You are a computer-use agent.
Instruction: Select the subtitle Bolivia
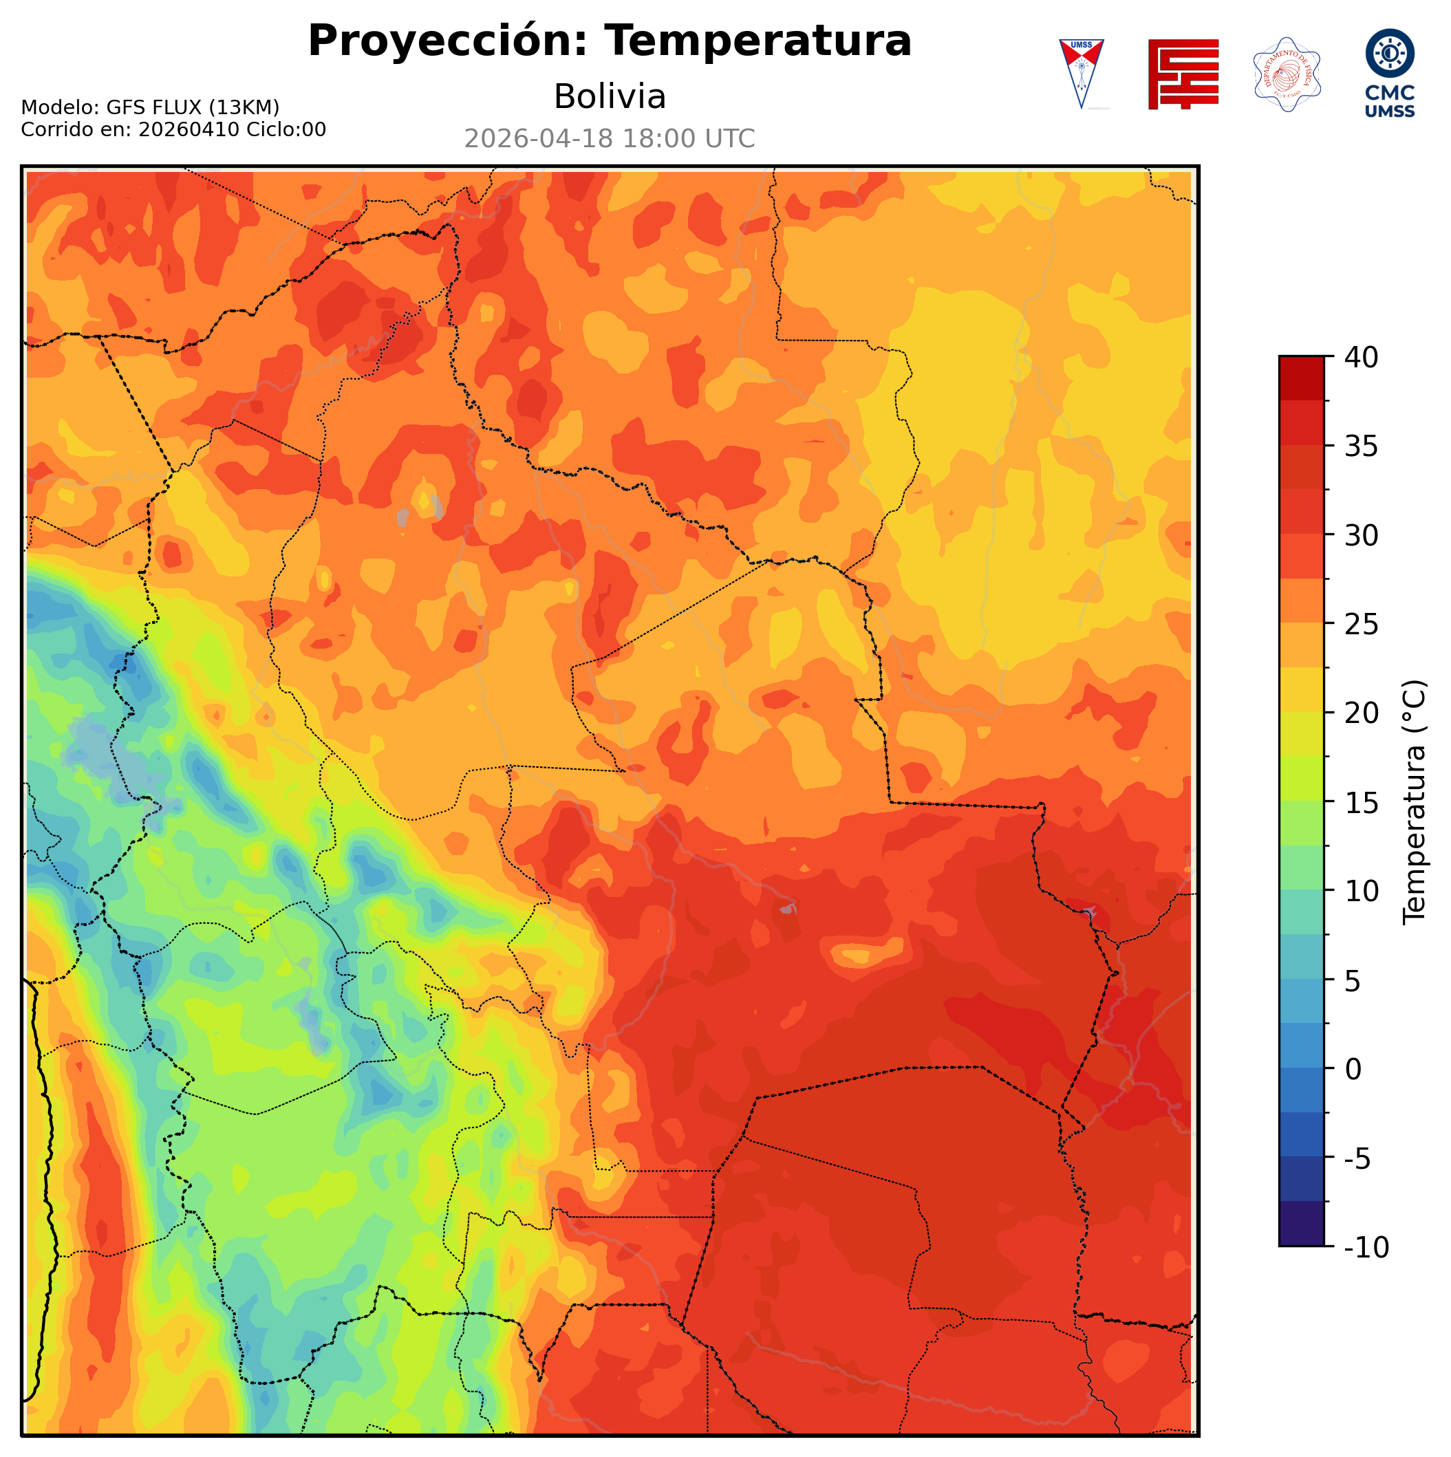[x=610, y=96]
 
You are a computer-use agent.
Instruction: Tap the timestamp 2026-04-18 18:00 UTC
[x=610, y=139]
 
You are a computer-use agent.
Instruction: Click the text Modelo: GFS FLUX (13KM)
[x=150, y=107]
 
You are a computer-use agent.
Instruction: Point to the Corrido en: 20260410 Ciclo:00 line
[x=173, y=130]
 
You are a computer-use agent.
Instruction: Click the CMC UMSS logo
[x=1389, y=73]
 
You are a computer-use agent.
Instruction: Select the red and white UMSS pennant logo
[x=1082, y=73]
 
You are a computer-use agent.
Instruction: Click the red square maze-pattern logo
[x=1183, y=74]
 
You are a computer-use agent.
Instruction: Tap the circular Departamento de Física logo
[x=1287, y=74]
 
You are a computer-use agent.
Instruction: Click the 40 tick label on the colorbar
[x=1362, y=358]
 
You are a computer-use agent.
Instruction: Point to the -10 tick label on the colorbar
[x=1366, y=1247]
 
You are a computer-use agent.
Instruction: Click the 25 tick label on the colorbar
[x=1362, y=625]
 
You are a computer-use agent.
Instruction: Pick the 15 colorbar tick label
[x=1362, y=802]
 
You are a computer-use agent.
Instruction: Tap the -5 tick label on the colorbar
[x=1359, y=1158]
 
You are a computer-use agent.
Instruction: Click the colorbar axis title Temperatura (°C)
[x=1414, y=802]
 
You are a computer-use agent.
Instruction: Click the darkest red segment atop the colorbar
[x=1301, y=378]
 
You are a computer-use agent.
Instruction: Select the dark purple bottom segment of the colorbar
[x=1301, y=1224]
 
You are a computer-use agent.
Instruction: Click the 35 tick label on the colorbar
[x=1362, y=446]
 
